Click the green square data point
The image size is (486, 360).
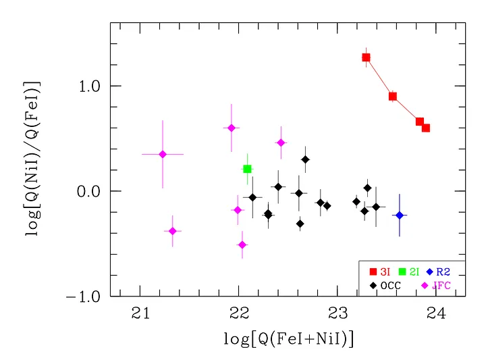(248, 169)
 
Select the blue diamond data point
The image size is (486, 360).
(400, 215)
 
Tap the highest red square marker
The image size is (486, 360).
(367, 57)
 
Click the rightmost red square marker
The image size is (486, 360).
(426, 128)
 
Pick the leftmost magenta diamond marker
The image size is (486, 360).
(163, 154)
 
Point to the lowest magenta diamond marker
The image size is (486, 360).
(242, 245)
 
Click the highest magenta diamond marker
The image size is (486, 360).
(232, 128)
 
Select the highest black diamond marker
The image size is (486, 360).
(305, 159)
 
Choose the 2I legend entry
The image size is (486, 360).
(410, 272)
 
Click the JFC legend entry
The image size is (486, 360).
(435, 285)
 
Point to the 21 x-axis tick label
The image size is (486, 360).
(140, 313)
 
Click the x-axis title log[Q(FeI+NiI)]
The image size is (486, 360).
(288, 339)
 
